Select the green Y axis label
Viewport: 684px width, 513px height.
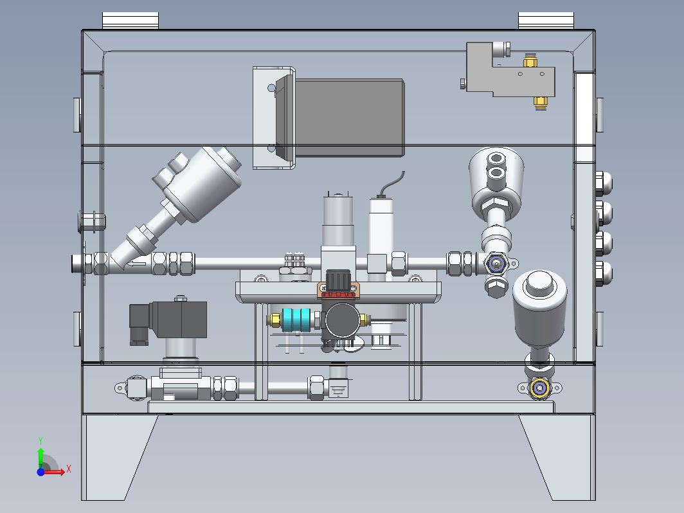click(40, 441)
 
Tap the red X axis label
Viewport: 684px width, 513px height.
click(69, 469)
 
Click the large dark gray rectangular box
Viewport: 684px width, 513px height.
click(349, 118)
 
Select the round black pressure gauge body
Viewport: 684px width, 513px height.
click(342, 320)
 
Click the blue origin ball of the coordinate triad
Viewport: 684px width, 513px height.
click(41, 472)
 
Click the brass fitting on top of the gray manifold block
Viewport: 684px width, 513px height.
click(530, 60)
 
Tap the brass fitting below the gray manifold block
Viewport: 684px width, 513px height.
click(541, 104)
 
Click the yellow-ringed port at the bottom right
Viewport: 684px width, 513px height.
click(540, 388)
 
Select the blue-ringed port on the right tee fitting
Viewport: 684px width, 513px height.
click(496, 264)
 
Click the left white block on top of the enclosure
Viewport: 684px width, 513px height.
click(130, 21)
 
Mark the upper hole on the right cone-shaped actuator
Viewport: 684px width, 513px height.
click(496, 158)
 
